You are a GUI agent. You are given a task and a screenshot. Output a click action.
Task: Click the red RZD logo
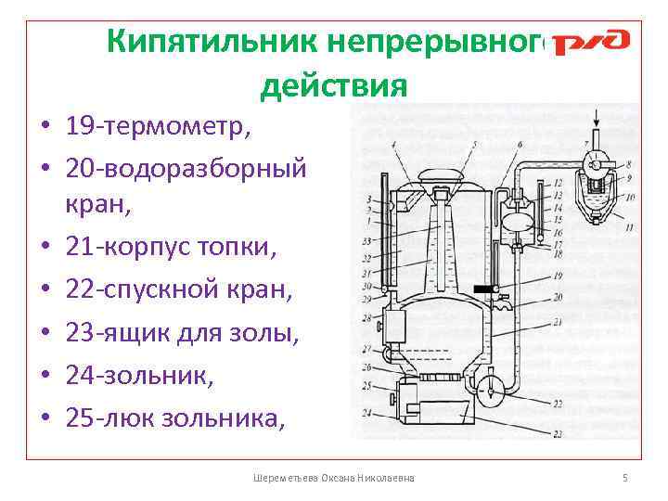pos(591,43)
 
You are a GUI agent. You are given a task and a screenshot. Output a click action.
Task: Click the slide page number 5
pos(624,477)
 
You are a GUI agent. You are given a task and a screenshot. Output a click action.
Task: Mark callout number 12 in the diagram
pos(557,184)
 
